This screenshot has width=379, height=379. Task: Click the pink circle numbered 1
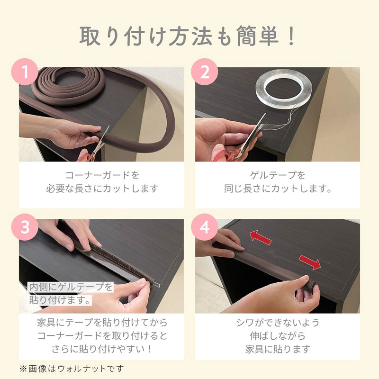pos(25,72)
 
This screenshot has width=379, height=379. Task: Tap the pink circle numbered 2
pos(205,72)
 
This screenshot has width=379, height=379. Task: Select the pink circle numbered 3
pos(25,227)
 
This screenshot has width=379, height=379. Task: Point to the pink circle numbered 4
pos(205,227)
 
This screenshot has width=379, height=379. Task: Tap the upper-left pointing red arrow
pos(260,237)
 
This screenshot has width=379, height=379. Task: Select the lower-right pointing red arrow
pos(310,262)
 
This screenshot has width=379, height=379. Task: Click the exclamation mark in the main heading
pos(292,36)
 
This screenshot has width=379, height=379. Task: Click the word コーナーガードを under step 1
pos(102,175)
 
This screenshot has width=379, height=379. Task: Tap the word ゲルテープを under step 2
pos(278,175)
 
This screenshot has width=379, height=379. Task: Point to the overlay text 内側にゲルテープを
pos(71,287)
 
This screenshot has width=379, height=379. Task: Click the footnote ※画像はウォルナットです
pos(72,369)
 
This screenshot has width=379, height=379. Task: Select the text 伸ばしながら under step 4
pos(278,336)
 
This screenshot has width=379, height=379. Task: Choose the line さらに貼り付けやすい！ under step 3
pos(102,349)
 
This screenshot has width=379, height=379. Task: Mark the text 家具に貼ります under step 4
pos(278,349)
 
